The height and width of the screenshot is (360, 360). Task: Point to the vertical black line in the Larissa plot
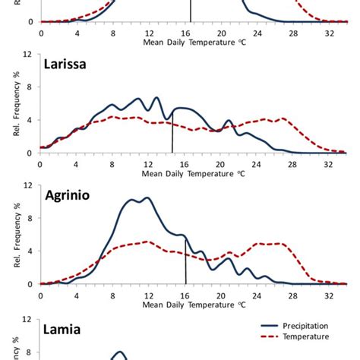tap(173, 137)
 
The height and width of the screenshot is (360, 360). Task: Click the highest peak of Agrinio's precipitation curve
tap(147, 197)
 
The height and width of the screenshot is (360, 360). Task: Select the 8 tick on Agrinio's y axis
tap(29, 218)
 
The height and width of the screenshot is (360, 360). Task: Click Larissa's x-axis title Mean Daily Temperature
tap(194, 173)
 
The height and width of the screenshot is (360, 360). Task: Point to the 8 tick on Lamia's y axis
tap(29, 352)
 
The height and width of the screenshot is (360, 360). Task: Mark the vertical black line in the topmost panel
tap(191, 11)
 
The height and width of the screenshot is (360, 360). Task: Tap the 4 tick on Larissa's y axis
tap(29, 120)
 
